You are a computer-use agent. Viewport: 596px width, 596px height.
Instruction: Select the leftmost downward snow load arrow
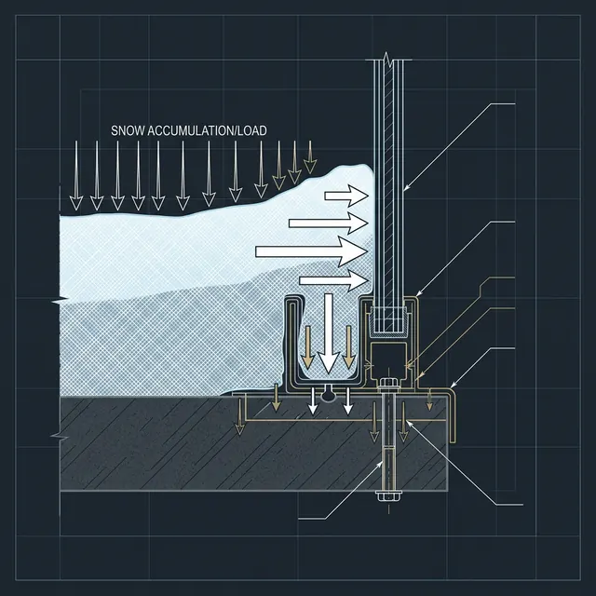(75, 173)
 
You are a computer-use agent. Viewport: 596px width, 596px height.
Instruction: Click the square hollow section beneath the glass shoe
(386, 355)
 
